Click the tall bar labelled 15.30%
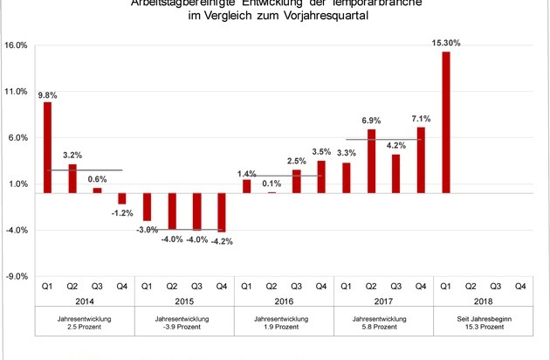pos(446,122)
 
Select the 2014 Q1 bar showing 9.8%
pos(47,147)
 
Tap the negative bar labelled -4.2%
pos(222,211)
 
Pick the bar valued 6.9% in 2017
pos(371,161)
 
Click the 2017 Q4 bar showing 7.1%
pos(421,160)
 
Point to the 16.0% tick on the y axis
pos(17,45)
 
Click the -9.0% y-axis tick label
pos(17,276)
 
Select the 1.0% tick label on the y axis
pos(17,184)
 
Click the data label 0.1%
pos(271,183)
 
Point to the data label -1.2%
pos(122,213)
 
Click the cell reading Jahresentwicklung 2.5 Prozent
pos(85,324)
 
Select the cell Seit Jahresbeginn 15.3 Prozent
pos(483,324)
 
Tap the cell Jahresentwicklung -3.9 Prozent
pos(184,324)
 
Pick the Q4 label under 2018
pos(520,285)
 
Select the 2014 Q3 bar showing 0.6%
pos(97,190)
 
